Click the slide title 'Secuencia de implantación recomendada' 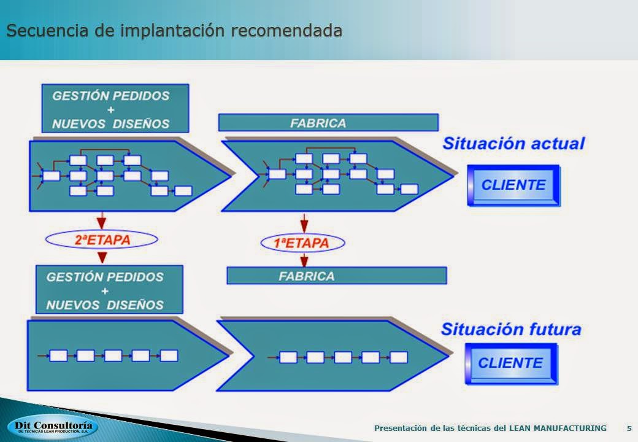[174, 30]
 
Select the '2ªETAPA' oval [102, 240]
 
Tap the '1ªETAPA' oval [302, 243]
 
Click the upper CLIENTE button [513, 185]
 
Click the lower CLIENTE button [510, 363]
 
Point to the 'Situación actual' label [513, 144]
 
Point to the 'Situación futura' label [511, 329]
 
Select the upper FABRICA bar [328, 123]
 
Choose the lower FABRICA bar [336, 276]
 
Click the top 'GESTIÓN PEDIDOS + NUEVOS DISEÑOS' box [115, 109]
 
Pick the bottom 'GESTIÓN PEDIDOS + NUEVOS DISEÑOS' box [109, 290]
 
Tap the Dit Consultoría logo [53, 427]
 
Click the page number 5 [629, 428]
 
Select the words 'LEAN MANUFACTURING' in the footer [558, 428]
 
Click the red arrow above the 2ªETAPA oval [101, 220]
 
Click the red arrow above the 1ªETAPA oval [304, 222]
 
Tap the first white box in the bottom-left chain [58, 355]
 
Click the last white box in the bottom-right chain [399, 357]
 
